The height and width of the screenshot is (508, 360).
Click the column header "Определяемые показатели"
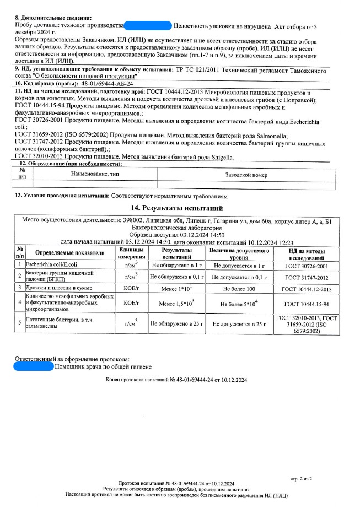69,253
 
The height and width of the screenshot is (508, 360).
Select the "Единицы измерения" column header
131,253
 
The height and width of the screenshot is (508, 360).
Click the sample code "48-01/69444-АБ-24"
107,83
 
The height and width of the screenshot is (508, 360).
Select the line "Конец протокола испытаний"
177,380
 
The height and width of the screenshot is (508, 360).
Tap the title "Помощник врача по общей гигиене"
103,366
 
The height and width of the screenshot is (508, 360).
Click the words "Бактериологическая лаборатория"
182,227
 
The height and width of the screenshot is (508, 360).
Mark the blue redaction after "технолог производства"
148,25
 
